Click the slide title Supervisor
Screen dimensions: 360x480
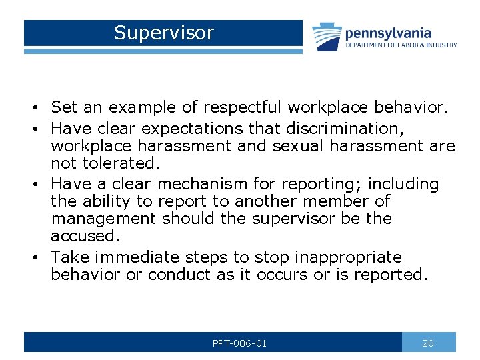tap(163, 33)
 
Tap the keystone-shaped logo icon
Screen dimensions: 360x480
tap(327, 37)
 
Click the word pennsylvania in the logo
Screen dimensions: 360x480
tap(388, 33)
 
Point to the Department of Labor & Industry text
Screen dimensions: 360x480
tap(401, 45)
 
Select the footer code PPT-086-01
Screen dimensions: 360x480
tap(239, 343)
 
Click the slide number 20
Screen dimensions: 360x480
tap(428, 343)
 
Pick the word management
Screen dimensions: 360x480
tap(103, 219)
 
